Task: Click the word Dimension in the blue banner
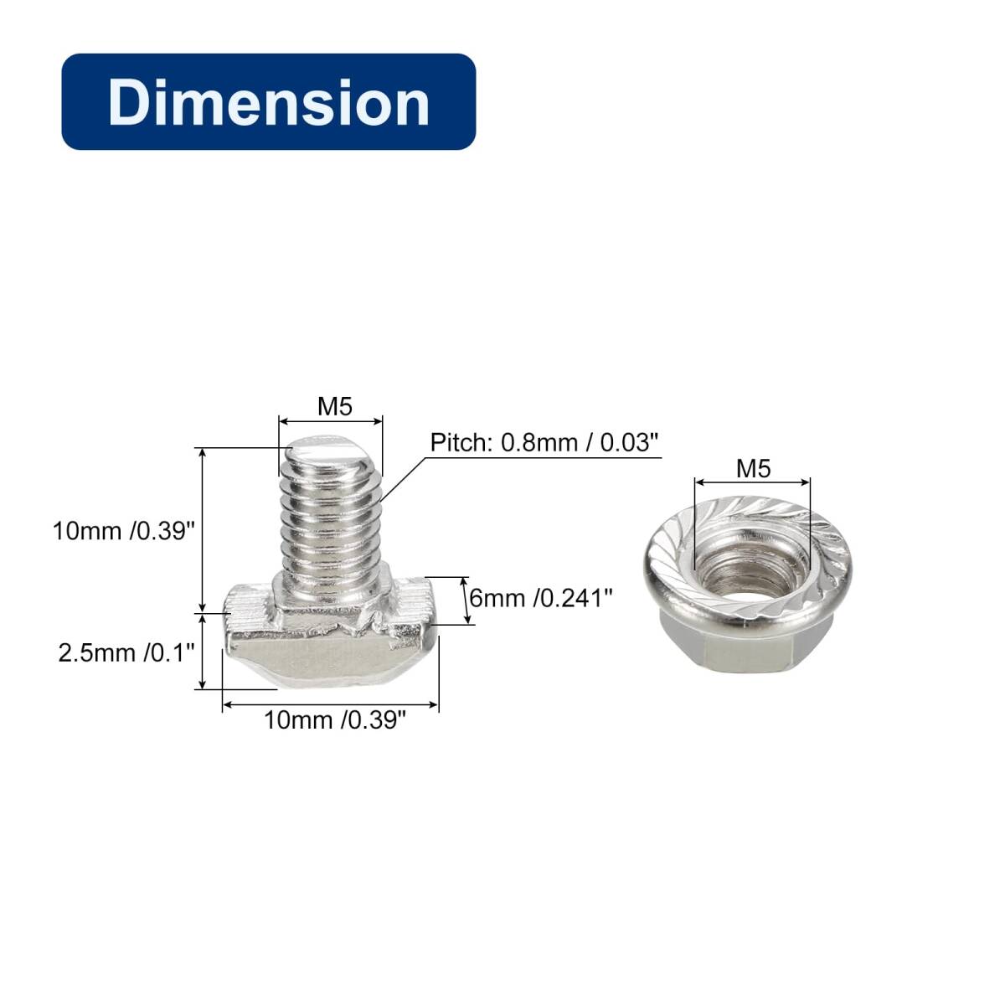tap(269, 102)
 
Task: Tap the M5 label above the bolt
tap(335, 407)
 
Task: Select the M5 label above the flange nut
tap(753, 469)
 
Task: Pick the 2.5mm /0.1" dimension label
tap(126, 652)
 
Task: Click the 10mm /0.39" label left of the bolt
tap(124, 531)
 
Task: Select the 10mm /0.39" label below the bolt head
tap(335, 720)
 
